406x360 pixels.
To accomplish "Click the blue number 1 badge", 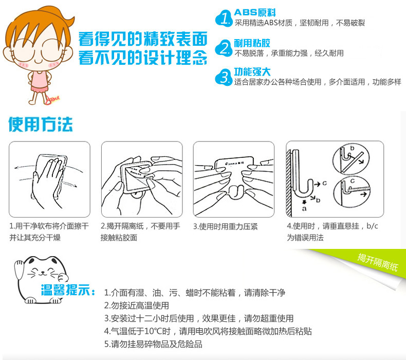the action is (x=224, y=18).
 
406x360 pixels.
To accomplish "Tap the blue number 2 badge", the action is (x=224, y=48).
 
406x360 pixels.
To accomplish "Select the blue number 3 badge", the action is (x=224, y=77).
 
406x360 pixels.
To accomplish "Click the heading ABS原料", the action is (x=255, y=12).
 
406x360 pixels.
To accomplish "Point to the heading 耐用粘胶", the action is (x=252, y=43).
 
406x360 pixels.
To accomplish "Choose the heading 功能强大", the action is (x=252, y=72).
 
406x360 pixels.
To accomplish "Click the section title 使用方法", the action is (x=41, y=124).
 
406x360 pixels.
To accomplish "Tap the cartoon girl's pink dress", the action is (x=40, y=82).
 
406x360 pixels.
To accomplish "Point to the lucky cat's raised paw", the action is (x=19, y=269).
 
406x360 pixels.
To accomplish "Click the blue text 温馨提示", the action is (x=68, y=290).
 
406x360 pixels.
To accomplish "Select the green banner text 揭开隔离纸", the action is (x=378, y=262).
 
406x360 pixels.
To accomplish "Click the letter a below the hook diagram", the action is (x=304, y=208).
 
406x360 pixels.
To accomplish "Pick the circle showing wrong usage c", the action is (x=352, y=192).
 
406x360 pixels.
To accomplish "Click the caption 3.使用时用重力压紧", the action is (x=225, y=226).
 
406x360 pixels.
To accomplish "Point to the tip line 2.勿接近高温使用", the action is (x=137, y=305).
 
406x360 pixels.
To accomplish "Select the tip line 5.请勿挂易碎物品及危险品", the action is (x=153, y=344).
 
